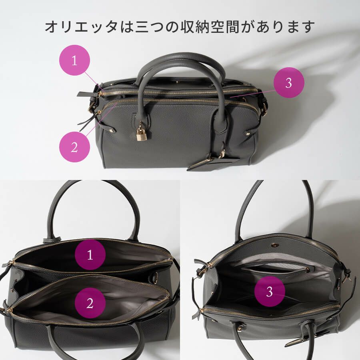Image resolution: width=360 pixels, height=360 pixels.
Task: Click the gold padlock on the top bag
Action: tap(141, 134)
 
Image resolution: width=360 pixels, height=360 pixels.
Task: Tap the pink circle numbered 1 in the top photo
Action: tap(74, 60)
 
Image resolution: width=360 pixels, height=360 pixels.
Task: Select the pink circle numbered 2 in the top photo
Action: tap(74, 147)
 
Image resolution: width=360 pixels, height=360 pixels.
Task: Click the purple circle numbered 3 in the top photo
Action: tap(289, 83)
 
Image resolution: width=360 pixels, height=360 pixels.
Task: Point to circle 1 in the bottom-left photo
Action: tap(90, 255)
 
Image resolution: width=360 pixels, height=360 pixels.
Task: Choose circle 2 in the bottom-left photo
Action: tap(90, 303)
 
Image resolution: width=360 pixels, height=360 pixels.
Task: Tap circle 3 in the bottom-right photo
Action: tap(270, 291)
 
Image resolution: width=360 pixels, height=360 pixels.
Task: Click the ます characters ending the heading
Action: tap(302, 27)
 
